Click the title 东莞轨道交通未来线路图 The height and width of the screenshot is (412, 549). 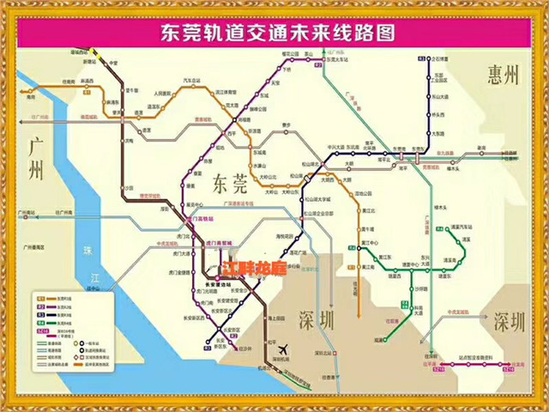tap(274, 33)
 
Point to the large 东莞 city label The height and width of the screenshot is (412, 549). tap(230, 182)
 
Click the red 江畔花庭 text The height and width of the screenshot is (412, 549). tap(256, 268)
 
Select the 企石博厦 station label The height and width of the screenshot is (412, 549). tap(438, 58)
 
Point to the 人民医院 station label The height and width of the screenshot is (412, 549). tap(164, 93)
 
